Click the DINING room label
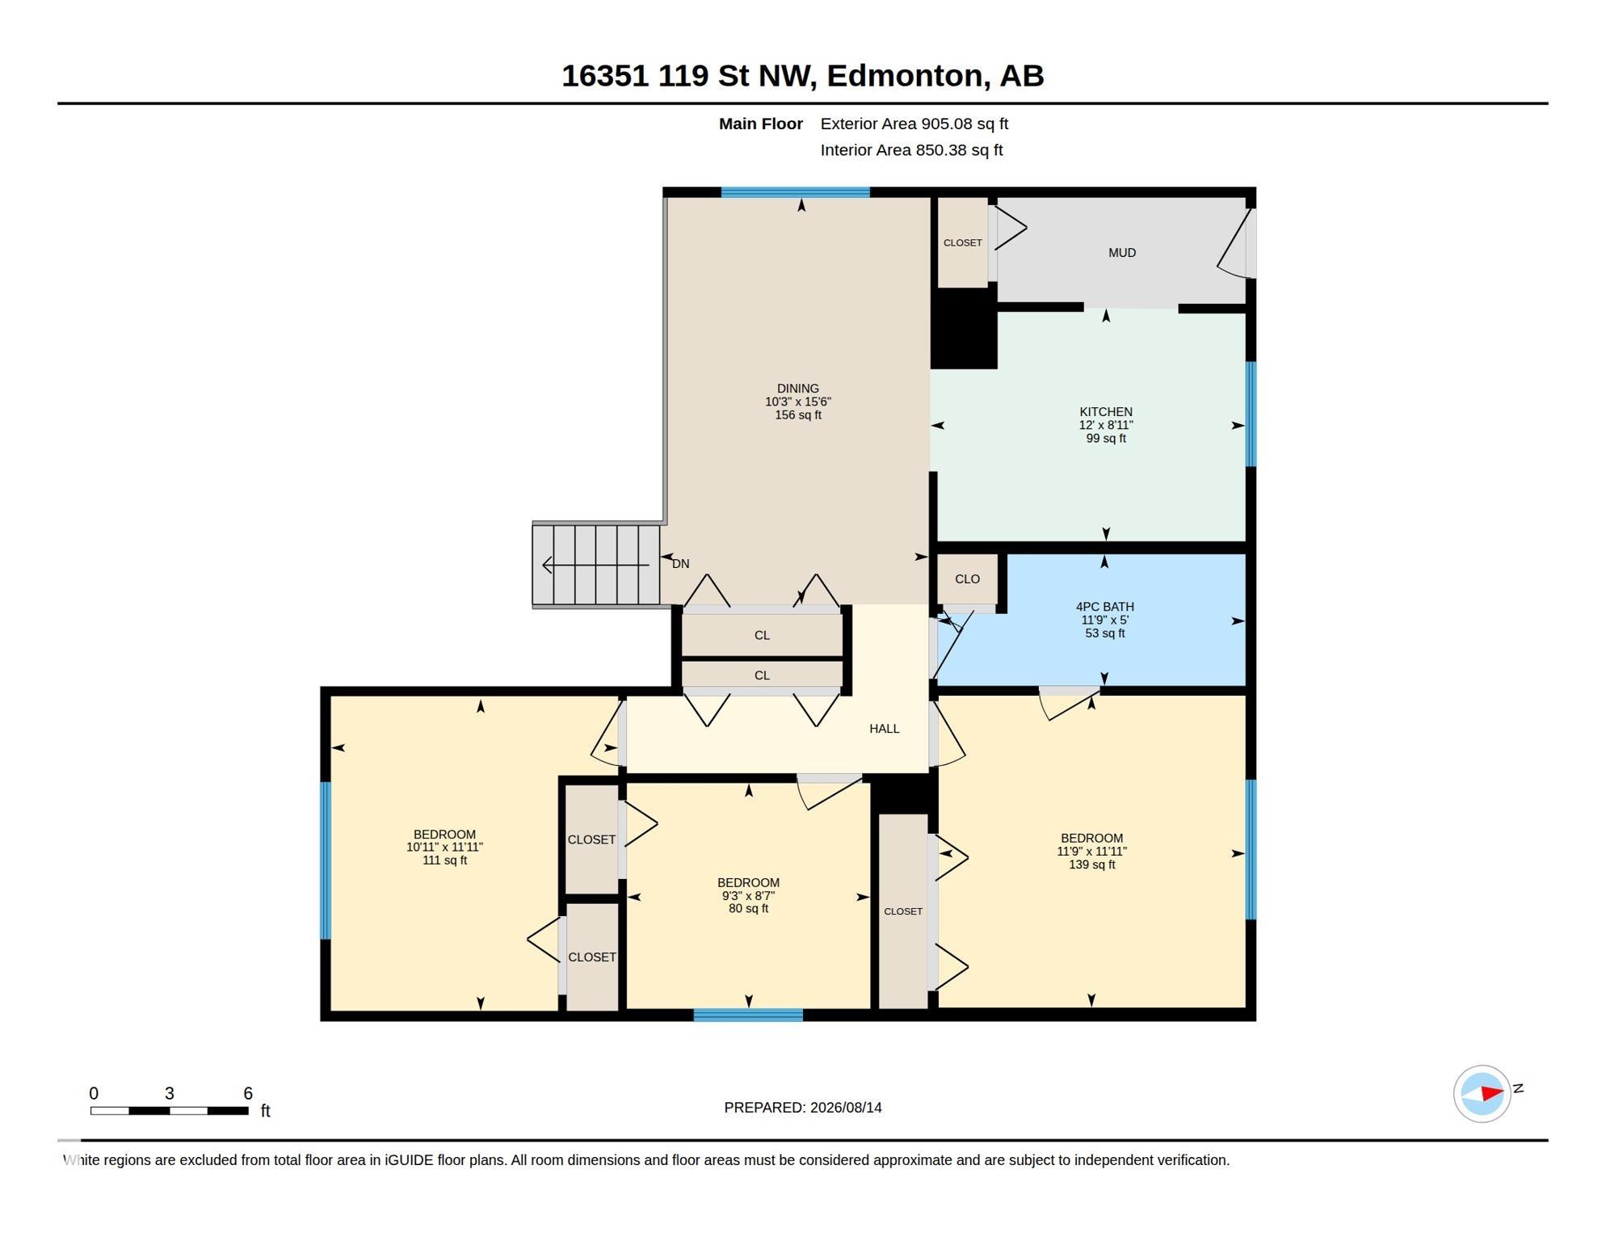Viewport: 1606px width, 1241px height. pyautogui.click(x=797, y=389)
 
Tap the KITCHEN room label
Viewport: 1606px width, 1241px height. pyautogui.click(x=1105, y=412)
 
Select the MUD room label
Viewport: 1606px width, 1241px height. pyautogui.click(x=1122, y=253)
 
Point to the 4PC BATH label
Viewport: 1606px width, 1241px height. pyautogui.click(x=1104, y=607)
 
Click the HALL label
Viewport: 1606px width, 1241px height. pyautogui.click(x=884, y=729)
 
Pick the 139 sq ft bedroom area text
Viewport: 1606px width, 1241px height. pyautogui.click(x=1091, y=864)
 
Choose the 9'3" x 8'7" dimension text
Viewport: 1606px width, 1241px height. pyautogui.click(x=748, y=896)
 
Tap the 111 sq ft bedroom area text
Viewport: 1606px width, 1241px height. pyautogui.click(x=444, y=860)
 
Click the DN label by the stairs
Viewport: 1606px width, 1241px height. pyautogui.click(x=680, y=564)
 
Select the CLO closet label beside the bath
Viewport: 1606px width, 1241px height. pyautogui.click(x=967, y=579)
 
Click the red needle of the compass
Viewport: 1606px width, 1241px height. pyautogui.click(x=1491, y=1093)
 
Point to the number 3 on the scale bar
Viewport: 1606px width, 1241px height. pyautogui.click(x=169, y=1094)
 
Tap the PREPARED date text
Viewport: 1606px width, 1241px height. pyautogui.click(x=802, y=1108)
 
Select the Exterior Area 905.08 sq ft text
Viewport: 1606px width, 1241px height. pyautogui.click(x=914, y=124)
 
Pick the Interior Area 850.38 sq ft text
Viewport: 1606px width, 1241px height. pyautogui.click(x=911, y=150)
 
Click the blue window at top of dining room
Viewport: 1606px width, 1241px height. pyautogui.click(x=795, y=192)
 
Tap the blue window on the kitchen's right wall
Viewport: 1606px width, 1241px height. pyautogui.click(x=1251, y=414)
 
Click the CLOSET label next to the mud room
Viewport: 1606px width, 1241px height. pyautogui.click(x=962, y=243)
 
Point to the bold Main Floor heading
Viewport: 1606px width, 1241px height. pyautogui.click(x=760, y=124)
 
